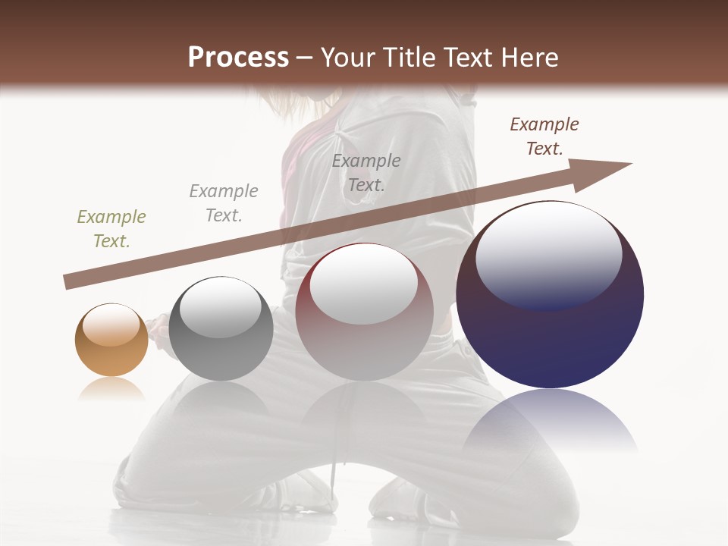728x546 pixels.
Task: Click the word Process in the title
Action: (238, 57)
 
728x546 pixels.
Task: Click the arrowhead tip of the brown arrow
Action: (629, 164)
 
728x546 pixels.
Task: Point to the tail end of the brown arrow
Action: (67, 283)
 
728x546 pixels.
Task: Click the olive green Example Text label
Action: (111, 229)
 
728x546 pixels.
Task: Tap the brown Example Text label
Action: (544, 136)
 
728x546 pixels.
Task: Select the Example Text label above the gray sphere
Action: (224, 203)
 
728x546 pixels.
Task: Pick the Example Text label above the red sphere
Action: (366, 172)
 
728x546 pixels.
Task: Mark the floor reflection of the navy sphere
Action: (550, 421)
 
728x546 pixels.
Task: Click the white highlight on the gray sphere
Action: (221, 307)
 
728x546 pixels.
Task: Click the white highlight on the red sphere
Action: (364, 283)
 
